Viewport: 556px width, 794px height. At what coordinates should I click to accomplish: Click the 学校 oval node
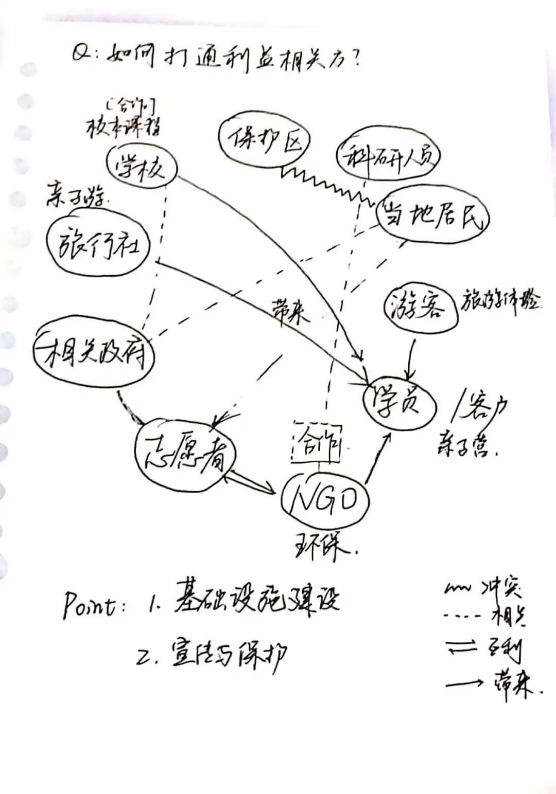[141, 167]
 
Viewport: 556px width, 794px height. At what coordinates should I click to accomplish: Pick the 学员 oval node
[399, 402]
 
